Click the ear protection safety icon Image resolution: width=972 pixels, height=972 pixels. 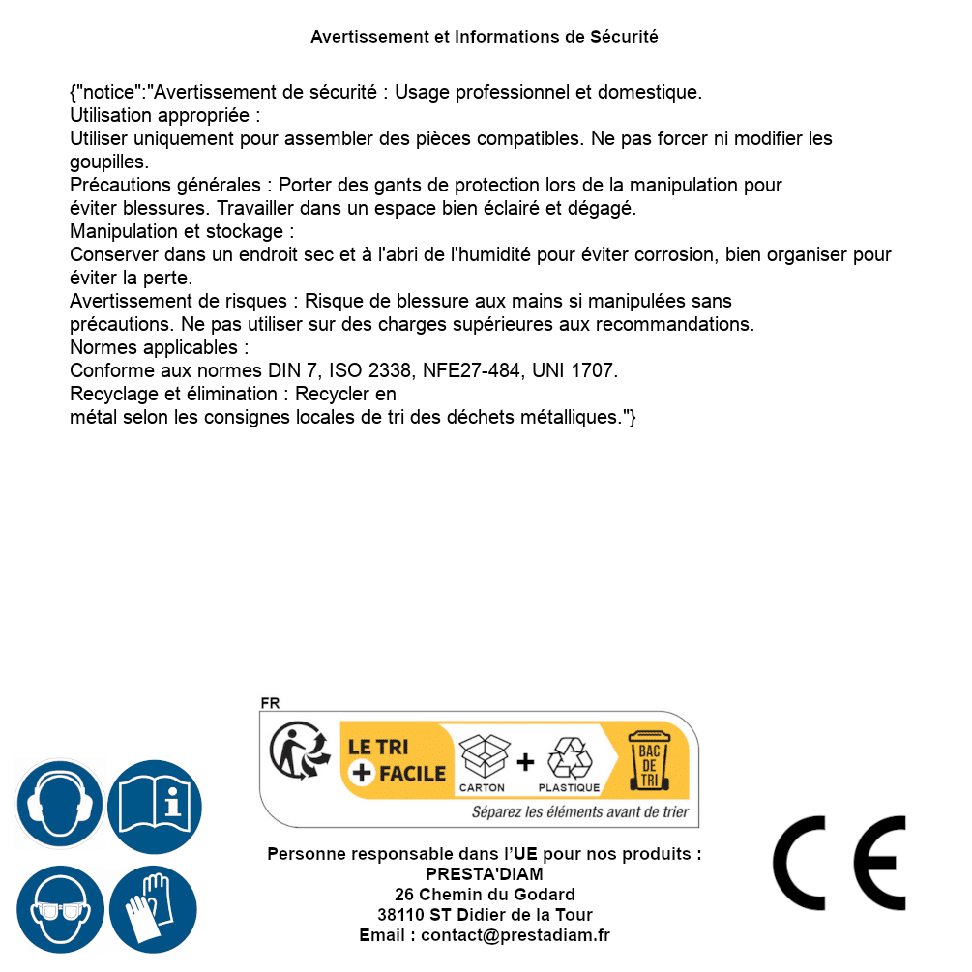click(x=59, y=804)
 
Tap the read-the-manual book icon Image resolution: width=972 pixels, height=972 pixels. click(x=155, y=804)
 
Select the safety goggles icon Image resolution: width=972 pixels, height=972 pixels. click(x=59, y=908)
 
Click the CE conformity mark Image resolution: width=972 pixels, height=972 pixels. click(x=839, y=863)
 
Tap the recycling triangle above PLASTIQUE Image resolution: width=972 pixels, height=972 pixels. click(x=569, y=758)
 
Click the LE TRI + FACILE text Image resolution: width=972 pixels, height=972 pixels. click(x=397, y=760)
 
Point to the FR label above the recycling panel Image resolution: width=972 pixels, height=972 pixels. click(x=270, y=703)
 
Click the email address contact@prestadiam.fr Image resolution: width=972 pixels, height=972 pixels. click(x=515, y=935)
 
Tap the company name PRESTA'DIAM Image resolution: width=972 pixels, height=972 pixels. click(x=485, y=874)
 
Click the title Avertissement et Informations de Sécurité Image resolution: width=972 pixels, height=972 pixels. click(x=485, y=37)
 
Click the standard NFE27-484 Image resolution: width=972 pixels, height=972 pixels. click(x=468, y=370)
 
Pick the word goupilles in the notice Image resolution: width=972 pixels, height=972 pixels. click(x=108, y=162)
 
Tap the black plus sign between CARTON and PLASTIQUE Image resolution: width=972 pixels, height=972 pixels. click(x=525, y=762)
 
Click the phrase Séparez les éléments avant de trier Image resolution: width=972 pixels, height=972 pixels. click(x=579, y=812)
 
